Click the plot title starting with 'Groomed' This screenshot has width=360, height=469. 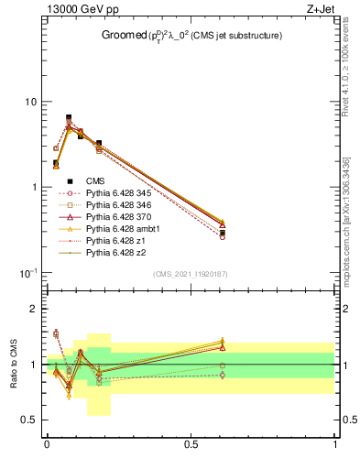(191, 36)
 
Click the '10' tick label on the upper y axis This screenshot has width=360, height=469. (30, 102)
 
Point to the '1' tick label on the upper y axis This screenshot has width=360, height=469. (34, 188)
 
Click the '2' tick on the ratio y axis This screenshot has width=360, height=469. (34, 310)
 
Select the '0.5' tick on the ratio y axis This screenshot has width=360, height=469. (29, 420)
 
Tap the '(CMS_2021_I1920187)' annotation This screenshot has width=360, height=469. (191, 274)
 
